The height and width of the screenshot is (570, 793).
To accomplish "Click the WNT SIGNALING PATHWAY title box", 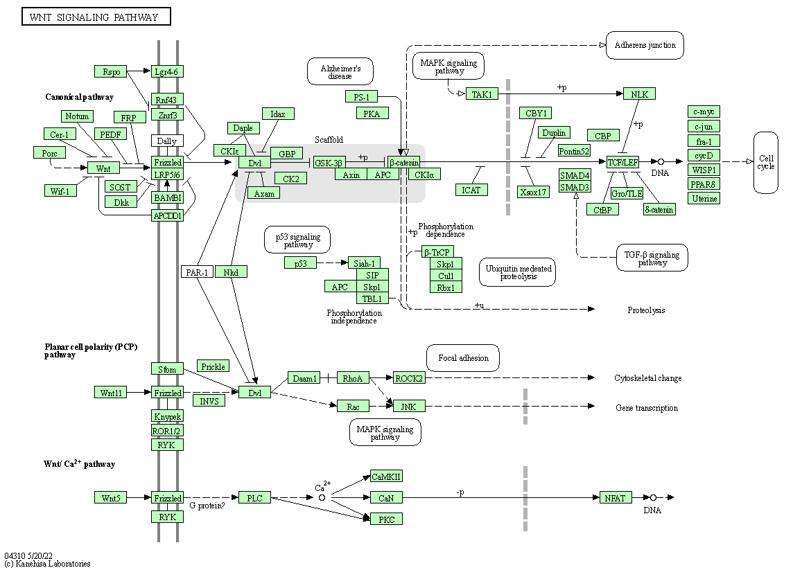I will (x=96, y=17).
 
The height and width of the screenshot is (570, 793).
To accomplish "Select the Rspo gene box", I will (x=111, y=71).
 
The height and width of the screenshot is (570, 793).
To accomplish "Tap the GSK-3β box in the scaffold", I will (x=329, y=162).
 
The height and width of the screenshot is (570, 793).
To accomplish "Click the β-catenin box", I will (x=404, y=162).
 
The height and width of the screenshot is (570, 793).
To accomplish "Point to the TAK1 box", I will (x=482, y=94).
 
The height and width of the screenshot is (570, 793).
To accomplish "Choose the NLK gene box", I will (x=639, y=93).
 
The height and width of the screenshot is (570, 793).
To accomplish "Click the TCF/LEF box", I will (x=622, y=162).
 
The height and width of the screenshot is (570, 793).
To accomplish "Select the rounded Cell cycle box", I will (x=765, y=162).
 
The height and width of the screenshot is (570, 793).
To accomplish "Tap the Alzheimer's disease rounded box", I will (x=340, y=71).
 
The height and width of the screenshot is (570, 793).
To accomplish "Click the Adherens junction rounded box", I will (x=645, y=45).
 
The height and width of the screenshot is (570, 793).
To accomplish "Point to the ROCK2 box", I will (x=409, y=377).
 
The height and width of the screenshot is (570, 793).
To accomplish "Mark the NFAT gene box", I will (x=615, y=497).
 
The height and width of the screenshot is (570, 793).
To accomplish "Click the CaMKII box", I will (x=387, y=476).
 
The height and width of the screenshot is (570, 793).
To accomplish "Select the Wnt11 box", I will (x=111, y=393).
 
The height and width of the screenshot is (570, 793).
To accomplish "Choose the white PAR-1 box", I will (x=197, y=272).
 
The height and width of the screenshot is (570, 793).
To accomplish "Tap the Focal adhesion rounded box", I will (x=463, y=357).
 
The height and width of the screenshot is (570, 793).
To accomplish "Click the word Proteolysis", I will (x=646, y=310).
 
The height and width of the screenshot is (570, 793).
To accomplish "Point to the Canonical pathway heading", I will (x=79, y=97).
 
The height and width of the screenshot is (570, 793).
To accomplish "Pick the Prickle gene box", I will (x=213, y=366).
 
